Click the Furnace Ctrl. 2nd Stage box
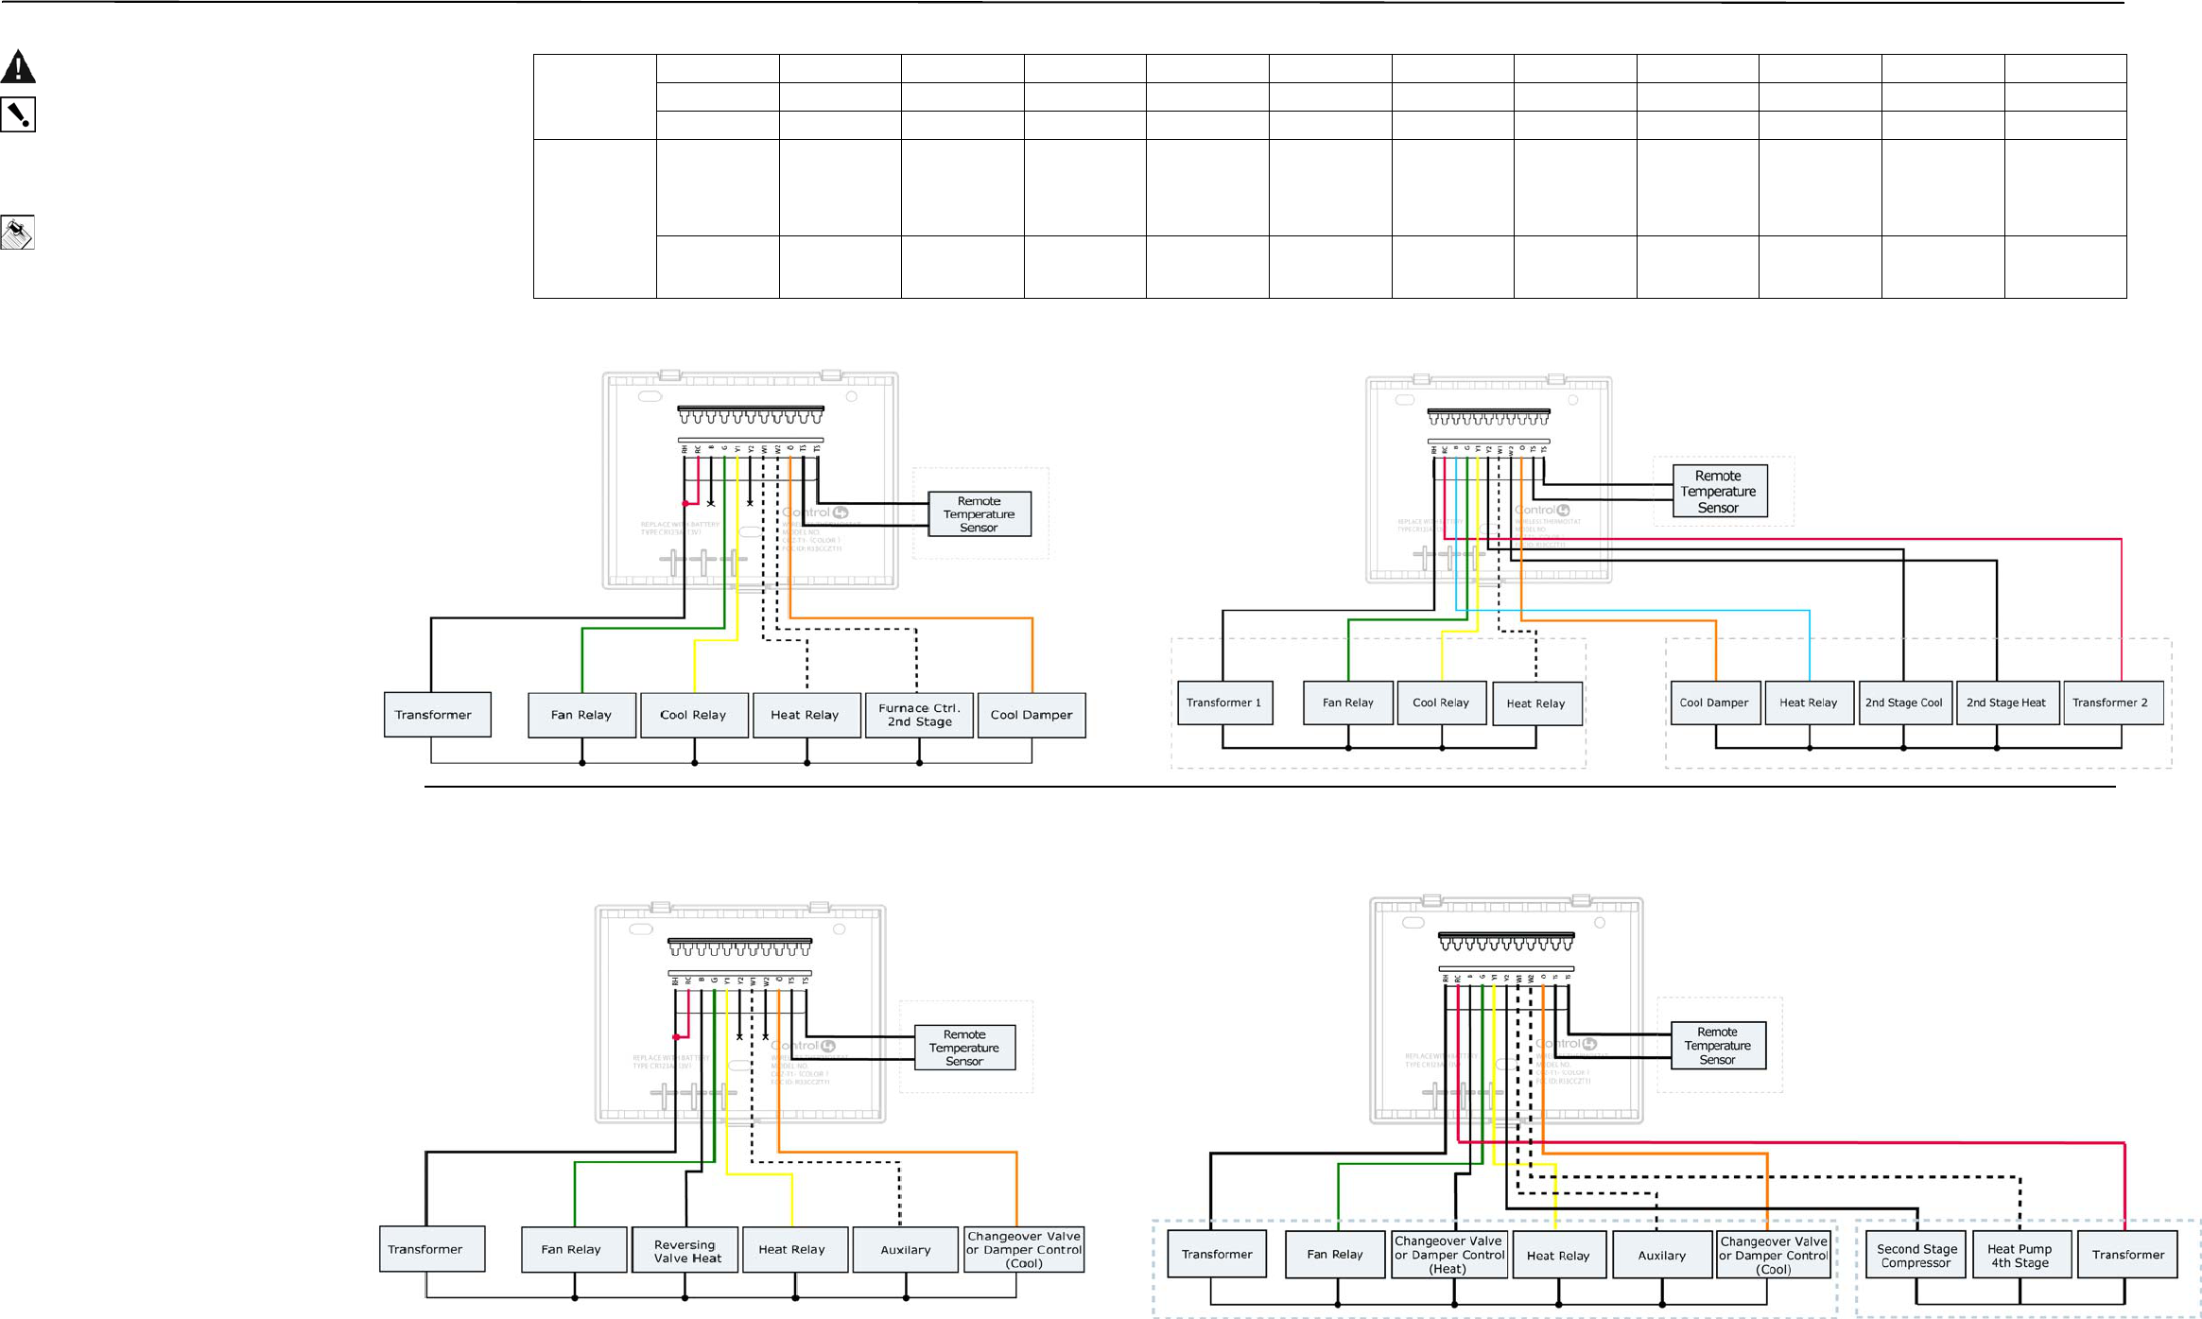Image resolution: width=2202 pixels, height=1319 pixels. coord(919,715)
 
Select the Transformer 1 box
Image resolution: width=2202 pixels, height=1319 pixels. coord(1224,703)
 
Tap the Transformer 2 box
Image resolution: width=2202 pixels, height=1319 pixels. coord(2112,703)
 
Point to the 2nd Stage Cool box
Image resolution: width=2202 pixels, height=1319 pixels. coord(1904,703)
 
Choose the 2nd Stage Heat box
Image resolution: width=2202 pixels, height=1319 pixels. coord(2006,703)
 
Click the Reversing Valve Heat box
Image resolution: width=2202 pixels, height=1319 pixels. coord(686,1250)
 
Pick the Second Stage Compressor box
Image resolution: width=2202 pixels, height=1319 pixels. coord(1916,1255)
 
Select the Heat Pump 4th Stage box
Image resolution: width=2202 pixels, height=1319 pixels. coord(2020,1255)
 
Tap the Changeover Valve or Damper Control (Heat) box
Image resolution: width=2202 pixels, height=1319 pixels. coord(1449,1255)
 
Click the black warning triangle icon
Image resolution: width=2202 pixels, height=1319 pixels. coord(18,67)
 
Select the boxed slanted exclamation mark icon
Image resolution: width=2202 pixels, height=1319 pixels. coord(18,114)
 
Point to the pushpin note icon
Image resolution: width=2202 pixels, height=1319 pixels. coord(18,233)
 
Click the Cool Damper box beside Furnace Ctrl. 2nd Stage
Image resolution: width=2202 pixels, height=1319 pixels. coord(1032,715)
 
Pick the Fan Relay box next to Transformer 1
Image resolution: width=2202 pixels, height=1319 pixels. coord(1347,703)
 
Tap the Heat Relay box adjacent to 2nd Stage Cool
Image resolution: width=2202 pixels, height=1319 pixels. coord(1809,703)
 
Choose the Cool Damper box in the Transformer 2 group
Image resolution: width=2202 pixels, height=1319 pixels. coord(1714,703)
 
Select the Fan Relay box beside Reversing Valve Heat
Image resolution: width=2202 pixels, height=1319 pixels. coord(573,1249)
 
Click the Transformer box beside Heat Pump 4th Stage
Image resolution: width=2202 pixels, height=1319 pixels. coord(2127,1255)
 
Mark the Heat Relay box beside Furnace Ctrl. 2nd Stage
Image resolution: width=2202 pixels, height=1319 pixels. coord(806,715)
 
